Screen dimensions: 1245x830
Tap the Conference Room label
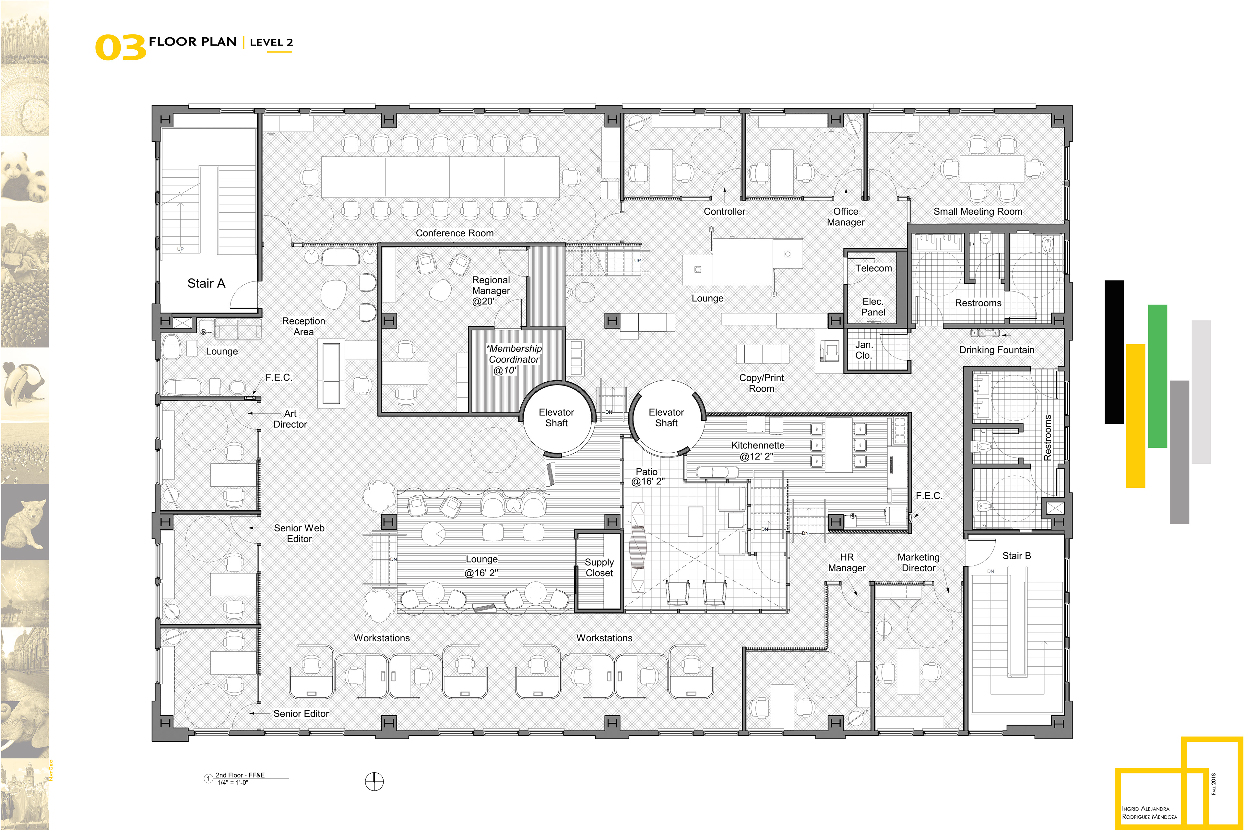pyautogui.click(x=454, y=233)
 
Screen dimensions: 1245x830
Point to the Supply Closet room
pyautogui.click(x=599, y=572)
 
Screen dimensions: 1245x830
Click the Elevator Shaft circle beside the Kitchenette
pyautogui.click(x=667, y=418)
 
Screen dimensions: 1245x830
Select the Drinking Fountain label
pyautogui.click(x=996, y=350)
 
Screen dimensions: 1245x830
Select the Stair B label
pyautogui.click(x=1016, y=556)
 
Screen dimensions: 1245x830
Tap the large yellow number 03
pyautogui.click(x=120, y=48)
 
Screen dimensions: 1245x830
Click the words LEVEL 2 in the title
pyautogui.click(x=271, y=42)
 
